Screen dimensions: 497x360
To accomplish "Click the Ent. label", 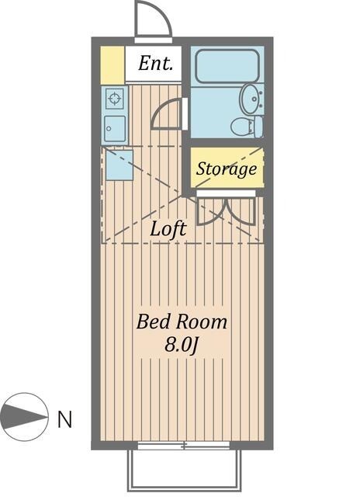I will pyautogui.click(x=156, y=64).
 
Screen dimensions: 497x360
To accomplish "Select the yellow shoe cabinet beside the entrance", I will pyautogui.click(x=112, y=65).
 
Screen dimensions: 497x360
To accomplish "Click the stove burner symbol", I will pyautogui.click(x=115, y=99).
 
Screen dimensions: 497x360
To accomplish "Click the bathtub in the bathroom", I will pyautogui.click(x=227, y=67).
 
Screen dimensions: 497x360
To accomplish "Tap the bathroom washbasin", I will pyautogui.click(x=252, y=98).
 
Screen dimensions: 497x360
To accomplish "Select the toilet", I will pyautogui.click(x=247, y=126).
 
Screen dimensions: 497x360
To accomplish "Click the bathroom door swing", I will pyautogui.click(x=167, y=116).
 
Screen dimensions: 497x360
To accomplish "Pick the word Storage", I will pyautogui.click(x=226, y=169).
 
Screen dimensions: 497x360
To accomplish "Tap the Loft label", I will pyautogui.click(x=168, y=229).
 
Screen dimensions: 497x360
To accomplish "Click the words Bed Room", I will pyautogui.click(x=182, y=321).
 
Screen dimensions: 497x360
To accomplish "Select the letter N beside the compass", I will pyautogui.click(x=65, y=420).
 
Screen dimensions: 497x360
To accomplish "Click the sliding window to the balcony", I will pyautogui.click(x=184, y=446).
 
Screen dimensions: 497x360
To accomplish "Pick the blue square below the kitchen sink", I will pyautogui.click(x=119, y=165).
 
